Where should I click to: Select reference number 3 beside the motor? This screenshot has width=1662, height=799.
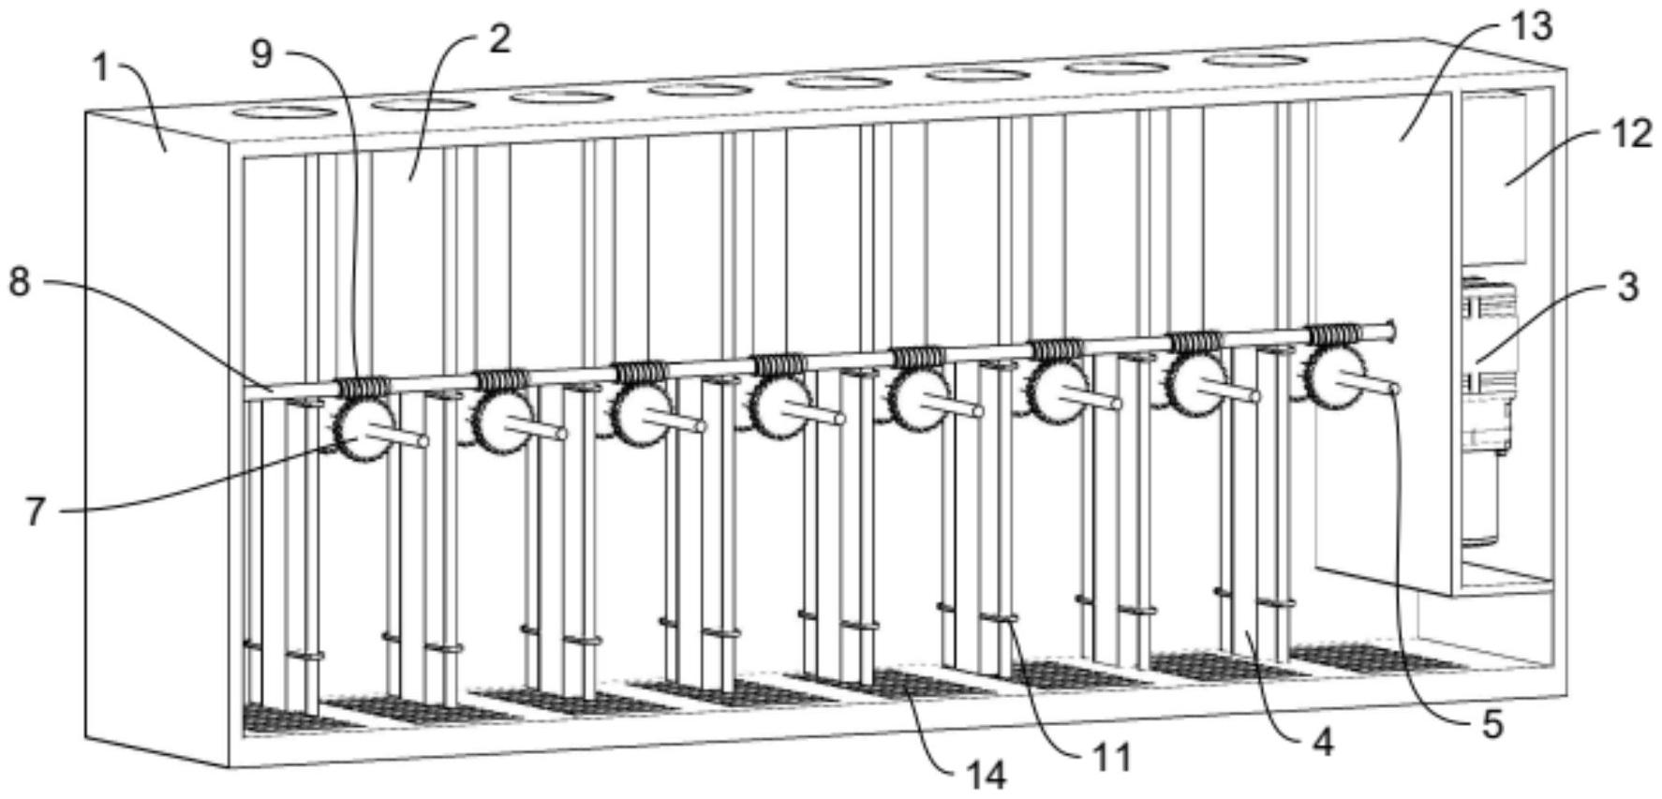pyautogui.click(x=1628, y=287)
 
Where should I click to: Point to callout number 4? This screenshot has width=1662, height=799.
pyautogui.click(x=1322, y=743)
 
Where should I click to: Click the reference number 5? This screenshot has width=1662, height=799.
pyautogui.click(x=1491, y=724)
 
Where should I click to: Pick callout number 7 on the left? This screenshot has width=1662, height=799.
pyautogui.click(x=35, y=511)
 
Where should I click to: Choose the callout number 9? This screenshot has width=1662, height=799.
pyautogui.click(x=261, y=54)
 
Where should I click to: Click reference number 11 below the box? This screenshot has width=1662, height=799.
pyautogui.click(x=1112, y=757)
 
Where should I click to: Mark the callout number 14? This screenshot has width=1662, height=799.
pyautogui.click(x=986, y=776)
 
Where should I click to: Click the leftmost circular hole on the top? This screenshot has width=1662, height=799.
pyautogui.click(x=283, y=112)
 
